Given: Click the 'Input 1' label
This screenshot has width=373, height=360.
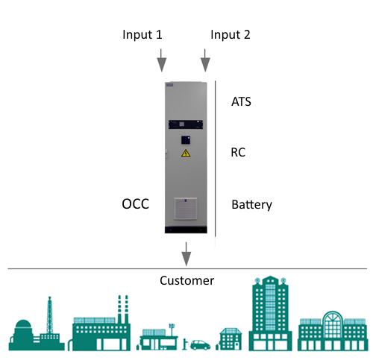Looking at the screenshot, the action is (x=142, y=35).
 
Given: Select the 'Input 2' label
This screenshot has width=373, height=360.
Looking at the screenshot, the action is (x=231, y=35).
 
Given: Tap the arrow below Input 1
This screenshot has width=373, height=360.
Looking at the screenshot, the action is (x=161, y=60).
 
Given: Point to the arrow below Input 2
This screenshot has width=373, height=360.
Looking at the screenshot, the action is (x=205, y=60).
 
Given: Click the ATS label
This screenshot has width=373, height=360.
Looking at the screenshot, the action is (x=241, y=101).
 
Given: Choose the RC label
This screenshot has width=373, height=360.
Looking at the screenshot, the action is (x=238, y=152).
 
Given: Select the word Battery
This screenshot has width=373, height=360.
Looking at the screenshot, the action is (x=251, y=205).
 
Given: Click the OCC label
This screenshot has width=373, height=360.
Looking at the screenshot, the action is (x=136, y=204).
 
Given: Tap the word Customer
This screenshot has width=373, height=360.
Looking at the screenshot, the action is (x=186, y=281).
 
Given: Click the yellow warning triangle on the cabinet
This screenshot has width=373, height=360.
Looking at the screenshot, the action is (x=186, y=154).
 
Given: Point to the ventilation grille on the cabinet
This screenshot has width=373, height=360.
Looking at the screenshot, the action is (x=186, y=209).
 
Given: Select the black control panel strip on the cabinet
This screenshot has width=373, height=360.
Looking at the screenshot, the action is (x=186, y=124).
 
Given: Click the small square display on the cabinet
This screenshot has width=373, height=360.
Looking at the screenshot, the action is (x=186, y=140).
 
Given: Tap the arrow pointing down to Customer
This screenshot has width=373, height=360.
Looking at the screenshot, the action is (x=186, y=254).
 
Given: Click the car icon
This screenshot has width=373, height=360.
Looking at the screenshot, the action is (x=200, y=345).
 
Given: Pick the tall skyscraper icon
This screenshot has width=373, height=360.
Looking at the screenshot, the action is (x=271, y=313).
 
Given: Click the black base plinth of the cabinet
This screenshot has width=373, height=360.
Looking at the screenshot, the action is (x=186, y=230).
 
